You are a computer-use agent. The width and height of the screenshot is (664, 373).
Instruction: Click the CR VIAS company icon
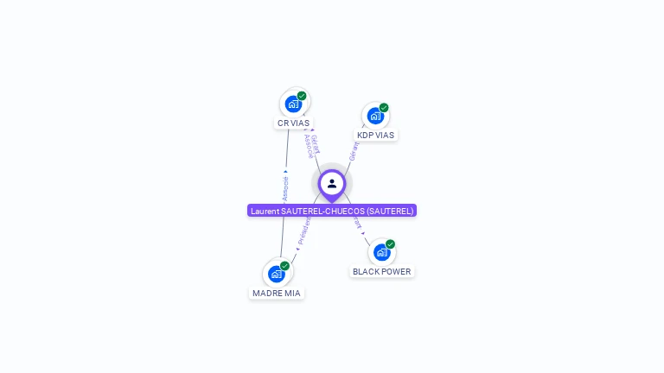coord(294,104)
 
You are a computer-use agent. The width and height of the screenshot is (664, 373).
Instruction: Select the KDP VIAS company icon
coord(375,116)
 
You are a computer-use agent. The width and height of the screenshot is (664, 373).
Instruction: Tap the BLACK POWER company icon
coord(381,252)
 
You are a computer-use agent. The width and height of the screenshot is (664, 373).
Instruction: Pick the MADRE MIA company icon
coord(277,274)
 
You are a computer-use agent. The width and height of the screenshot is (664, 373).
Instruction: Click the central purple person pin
coord(332,184)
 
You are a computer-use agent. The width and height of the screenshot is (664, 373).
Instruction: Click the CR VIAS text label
coord(293,123)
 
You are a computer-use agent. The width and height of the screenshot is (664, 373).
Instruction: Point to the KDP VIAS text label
coord(375,136)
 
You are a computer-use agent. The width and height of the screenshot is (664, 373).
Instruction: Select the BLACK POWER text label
coord(382,272)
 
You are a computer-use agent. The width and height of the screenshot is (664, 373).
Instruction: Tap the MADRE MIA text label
coord(277,294)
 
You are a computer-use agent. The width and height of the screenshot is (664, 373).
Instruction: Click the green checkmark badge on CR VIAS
coord(302,96)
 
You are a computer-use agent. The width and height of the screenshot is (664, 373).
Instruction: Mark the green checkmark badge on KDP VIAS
coord(384,108)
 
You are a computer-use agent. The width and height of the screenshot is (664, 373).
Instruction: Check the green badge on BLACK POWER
coord(390,244)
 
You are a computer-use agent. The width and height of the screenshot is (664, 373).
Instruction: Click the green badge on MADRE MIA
coord(284,266)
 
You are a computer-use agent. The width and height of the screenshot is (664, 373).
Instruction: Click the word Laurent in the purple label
coord(265,211)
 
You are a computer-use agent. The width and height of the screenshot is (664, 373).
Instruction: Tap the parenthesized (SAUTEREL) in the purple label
coord(390,211)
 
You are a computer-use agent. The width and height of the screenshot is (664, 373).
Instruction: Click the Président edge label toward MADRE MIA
coord(303,231)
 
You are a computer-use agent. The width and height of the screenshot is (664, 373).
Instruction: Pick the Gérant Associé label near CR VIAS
coord(312,146)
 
